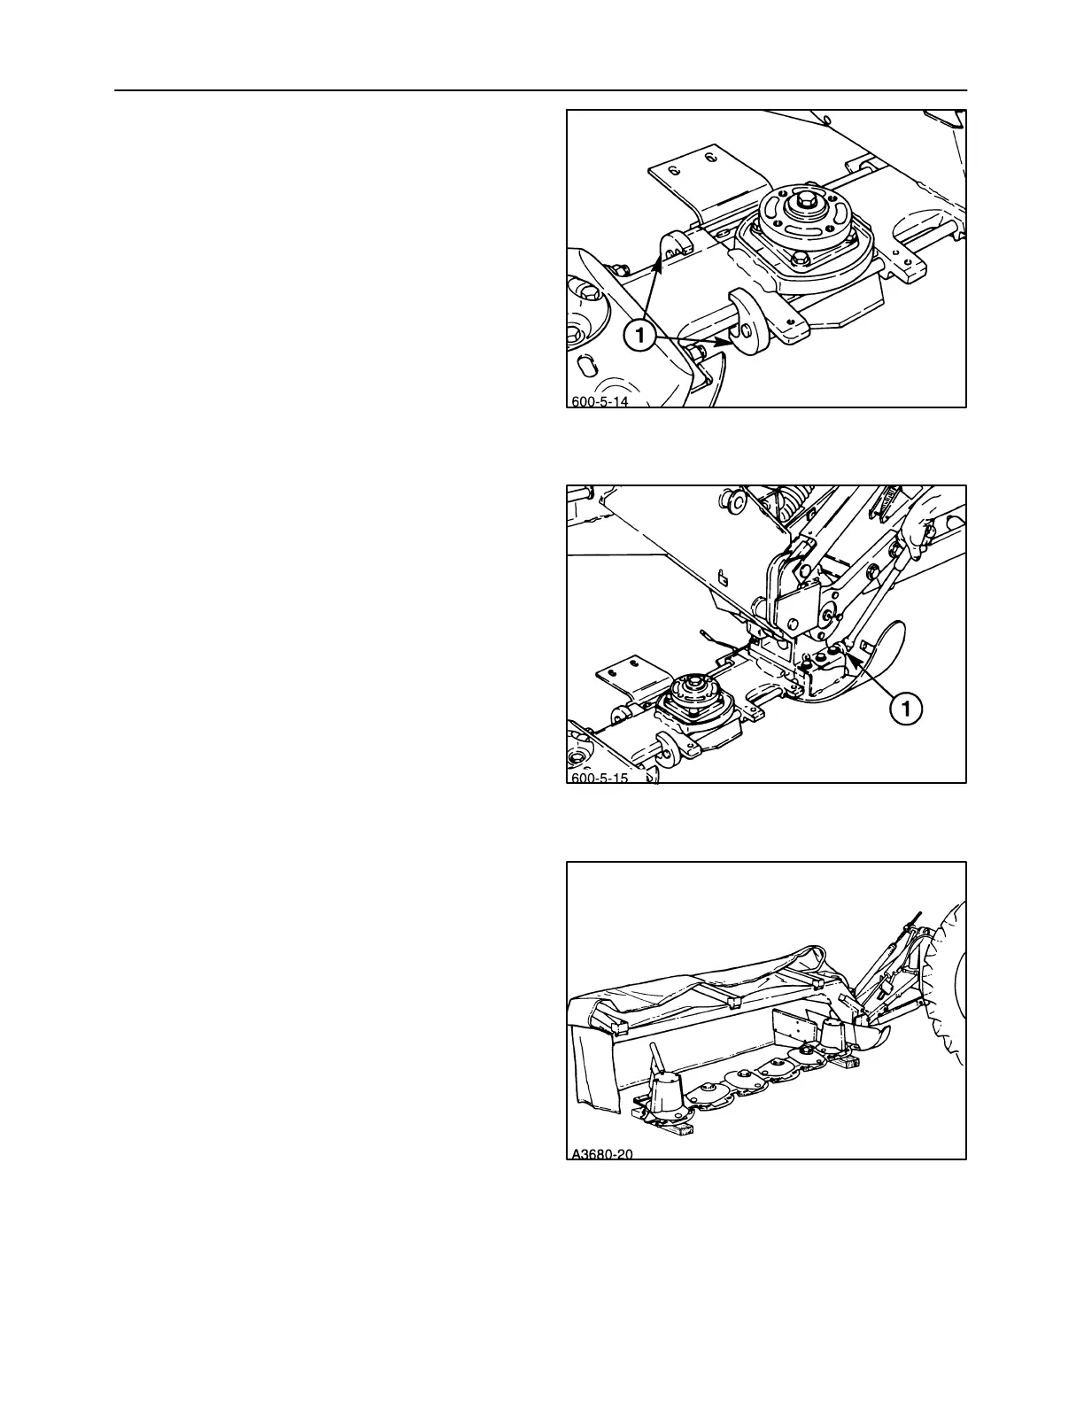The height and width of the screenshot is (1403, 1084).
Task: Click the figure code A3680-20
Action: (601, 1153)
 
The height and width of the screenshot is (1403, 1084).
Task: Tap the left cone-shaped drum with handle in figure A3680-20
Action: (666, 1093)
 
